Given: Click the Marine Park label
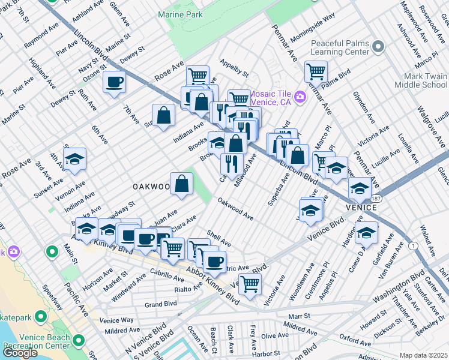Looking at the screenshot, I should click(180, 14).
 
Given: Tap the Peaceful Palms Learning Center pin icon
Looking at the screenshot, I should click(378, 46).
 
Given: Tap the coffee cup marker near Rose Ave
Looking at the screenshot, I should click(114, 82).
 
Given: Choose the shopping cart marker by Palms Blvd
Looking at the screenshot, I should click(315, 71).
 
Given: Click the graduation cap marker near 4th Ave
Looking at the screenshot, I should click(74, 159).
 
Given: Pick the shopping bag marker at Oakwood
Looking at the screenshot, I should click(181, 184).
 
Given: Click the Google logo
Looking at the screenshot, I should click(20, 352).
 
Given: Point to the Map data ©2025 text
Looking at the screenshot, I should click(424, 355).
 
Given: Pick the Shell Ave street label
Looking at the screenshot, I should click(218, 239).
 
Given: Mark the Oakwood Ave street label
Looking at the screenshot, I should click(235, 209).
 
